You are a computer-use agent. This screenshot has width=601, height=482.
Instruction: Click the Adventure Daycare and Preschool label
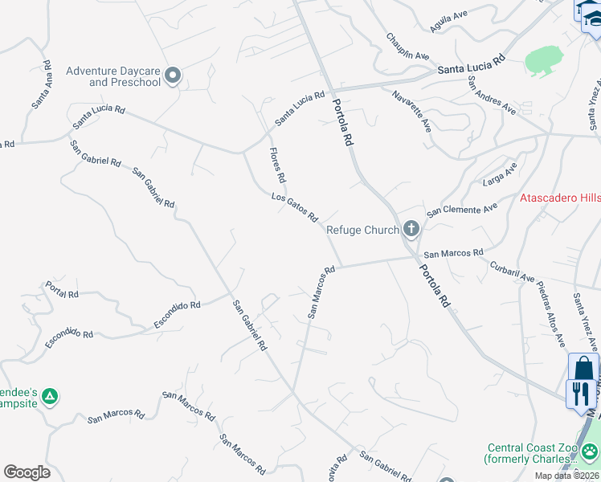113,76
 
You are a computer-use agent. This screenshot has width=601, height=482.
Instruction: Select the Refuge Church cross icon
411,230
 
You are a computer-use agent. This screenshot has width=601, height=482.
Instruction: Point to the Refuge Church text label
362,230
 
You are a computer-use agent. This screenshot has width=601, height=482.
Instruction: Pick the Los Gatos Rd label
295,207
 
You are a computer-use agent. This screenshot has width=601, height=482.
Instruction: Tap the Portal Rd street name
62,289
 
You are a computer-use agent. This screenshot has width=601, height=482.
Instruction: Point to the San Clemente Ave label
462,210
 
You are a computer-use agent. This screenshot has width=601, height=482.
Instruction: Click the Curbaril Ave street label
513,271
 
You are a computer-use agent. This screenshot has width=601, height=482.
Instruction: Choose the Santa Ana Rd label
42,84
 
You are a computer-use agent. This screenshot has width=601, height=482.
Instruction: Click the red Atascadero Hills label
560,198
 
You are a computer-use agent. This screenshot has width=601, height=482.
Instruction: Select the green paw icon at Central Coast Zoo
591,450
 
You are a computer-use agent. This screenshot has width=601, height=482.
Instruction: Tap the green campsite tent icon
50,395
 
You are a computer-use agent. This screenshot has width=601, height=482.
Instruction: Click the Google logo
27,472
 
